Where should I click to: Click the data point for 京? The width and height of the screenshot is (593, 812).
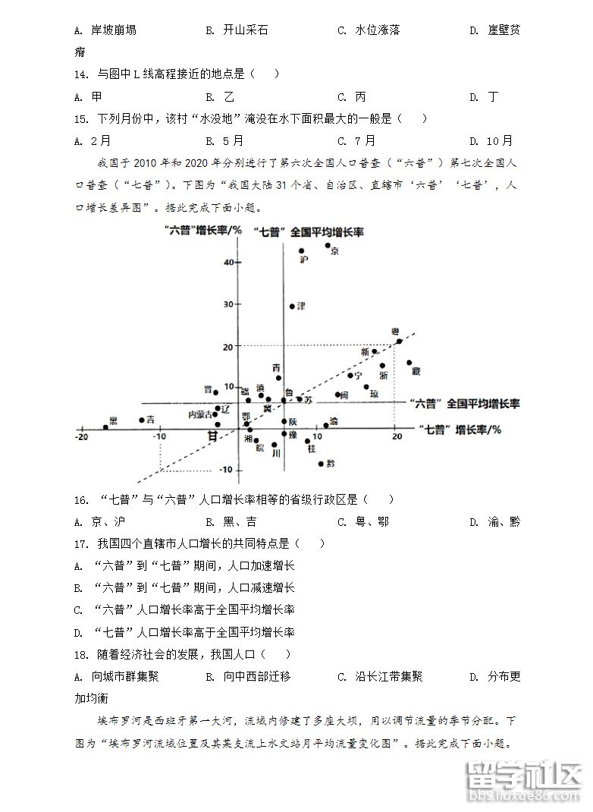[x=328, y=245]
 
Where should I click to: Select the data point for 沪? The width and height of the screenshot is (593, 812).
[x=301, y=251]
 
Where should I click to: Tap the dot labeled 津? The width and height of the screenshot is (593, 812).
[x=292, y=307]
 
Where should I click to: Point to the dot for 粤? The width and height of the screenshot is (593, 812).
[x=400, y=341]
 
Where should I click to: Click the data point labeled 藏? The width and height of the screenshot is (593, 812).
[x=409, y=363]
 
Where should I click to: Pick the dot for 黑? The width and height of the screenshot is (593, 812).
[x=105, y=427]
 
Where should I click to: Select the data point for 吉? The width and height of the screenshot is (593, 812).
[x=142, y=420]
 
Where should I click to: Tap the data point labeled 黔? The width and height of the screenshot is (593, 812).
[x=321, y=464]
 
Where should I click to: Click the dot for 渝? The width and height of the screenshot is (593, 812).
[x=326, y=426]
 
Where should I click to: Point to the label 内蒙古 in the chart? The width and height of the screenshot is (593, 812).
[x=200, y=414]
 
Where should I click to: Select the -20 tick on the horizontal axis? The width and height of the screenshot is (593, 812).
[x=81, y=436]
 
